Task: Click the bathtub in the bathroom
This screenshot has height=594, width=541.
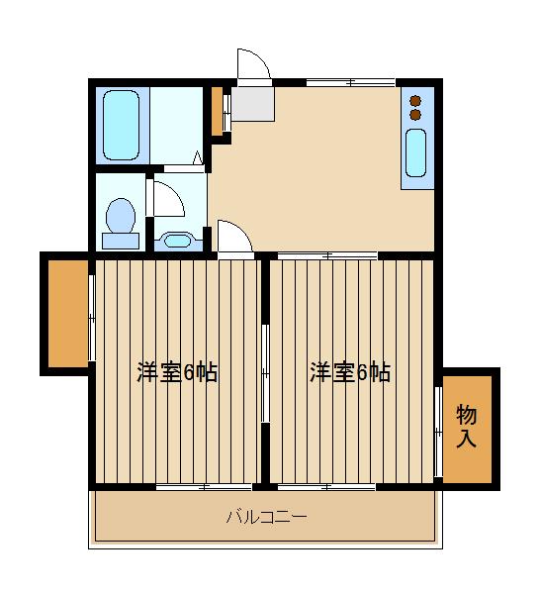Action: [124, 124]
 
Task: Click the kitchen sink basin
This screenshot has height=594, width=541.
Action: [415, 153]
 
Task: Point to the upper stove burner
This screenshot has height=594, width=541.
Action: [415, 100]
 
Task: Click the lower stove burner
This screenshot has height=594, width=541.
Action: [415, 114]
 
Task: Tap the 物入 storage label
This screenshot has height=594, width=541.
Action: [466, 426]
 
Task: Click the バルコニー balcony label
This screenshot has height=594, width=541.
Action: [266, 517]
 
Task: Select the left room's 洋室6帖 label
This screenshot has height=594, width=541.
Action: [177, 372]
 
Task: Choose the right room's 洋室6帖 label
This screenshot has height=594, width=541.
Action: [350, 372]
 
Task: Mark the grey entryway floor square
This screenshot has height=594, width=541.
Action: [253, 102]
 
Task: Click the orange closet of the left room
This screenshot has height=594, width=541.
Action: [66, 313]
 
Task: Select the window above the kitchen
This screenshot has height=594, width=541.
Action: [349, 82]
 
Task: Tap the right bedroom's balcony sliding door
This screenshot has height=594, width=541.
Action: [325, 486]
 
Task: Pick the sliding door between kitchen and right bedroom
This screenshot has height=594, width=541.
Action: [325, 256]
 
